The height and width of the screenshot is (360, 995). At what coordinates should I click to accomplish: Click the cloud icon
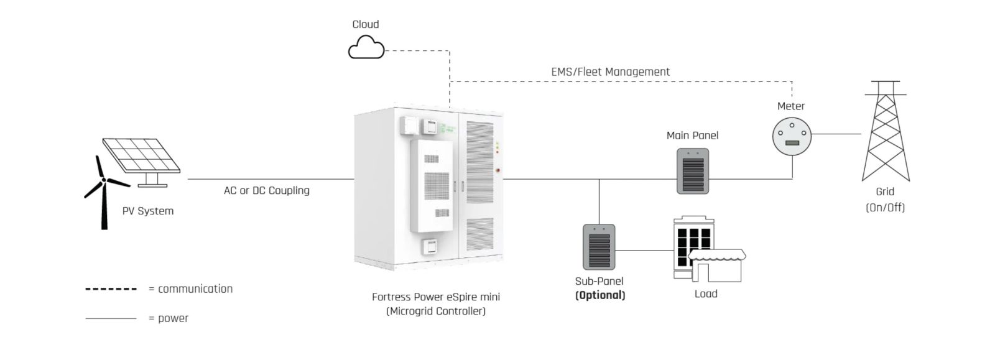(366, 47)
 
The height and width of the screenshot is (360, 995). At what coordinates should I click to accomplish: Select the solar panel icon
(142, 156)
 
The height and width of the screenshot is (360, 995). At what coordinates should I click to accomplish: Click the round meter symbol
(792, 135)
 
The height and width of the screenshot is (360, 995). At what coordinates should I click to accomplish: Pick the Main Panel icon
(693, 171)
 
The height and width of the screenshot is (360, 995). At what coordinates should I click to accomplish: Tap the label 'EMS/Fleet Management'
(610, 72)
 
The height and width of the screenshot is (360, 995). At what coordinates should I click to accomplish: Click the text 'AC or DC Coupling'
(266, 190)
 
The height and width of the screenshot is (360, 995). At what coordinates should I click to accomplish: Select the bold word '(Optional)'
(599, 295)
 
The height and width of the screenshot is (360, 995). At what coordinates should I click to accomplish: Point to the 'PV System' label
(147, 211)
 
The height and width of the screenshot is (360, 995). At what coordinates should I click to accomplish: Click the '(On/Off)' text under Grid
(885, 207)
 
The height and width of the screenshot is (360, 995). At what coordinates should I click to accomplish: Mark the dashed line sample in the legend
(111, 289)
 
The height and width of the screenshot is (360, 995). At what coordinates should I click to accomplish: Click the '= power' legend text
(168, 318)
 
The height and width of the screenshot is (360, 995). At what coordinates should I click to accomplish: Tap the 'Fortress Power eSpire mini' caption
(435, 297)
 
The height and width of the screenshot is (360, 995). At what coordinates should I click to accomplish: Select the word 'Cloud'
(365, 24)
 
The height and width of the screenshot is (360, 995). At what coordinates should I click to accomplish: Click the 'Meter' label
(790, 106)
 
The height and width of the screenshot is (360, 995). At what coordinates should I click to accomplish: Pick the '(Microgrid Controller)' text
(435, 311)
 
